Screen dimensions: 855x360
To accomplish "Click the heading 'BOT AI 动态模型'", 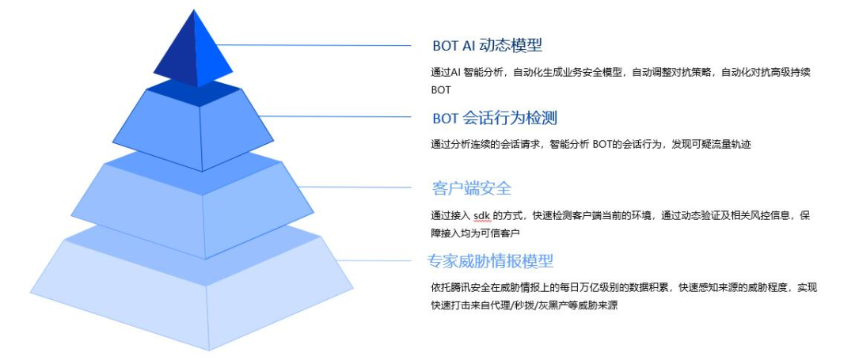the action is pyautogui.click(x=487, y=45).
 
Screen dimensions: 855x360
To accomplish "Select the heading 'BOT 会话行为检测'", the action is pyautogui.click(x=495, y=118).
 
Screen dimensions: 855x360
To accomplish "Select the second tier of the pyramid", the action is pyautogui.click(x=201, y=127).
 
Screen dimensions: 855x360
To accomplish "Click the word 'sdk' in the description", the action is pyautogui.click(x=481, y=216).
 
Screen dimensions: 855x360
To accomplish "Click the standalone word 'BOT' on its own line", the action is pyautogui.click(x=441, y=90).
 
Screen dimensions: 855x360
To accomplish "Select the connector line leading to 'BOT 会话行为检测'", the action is pyautogui.click(x=340, y=117).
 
